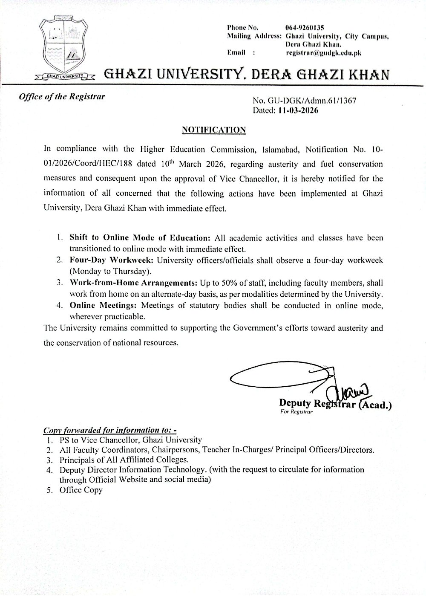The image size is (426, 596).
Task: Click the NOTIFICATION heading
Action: point(214,130)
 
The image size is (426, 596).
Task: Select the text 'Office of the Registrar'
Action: point(61,96)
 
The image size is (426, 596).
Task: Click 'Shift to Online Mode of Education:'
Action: point(140,238)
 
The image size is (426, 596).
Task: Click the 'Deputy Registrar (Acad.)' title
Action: point(335,403)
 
